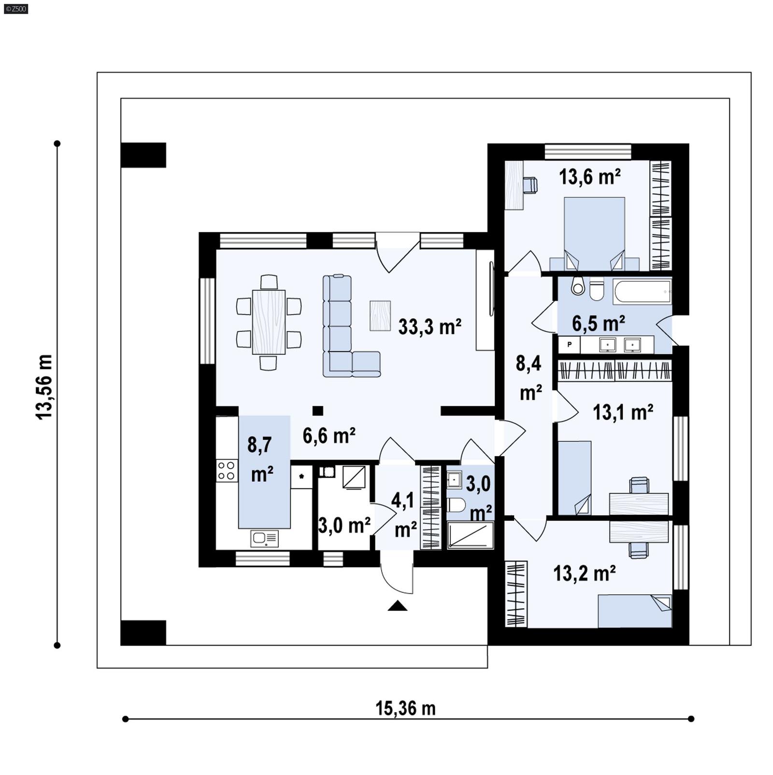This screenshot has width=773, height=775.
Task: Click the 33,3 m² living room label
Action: click(429, 327)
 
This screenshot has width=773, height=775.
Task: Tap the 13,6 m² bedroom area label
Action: click(589, 177)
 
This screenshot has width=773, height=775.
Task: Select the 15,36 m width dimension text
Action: click(405, 708)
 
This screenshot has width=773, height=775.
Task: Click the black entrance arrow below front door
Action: click(397, 606)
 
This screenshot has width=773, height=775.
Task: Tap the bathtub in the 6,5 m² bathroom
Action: click(642, 291)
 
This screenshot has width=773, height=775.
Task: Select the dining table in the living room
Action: click(269, 322)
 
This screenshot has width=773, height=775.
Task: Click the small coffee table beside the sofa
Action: click(380, 316)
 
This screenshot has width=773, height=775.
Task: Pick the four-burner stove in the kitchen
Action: click(227, 471)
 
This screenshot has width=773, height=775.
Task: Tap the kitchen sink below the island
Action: click(264, 538)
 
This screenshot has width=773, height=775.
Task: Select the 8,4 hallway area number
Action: click(528, 363)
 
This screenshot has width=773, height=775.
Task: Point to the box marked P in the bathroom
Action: click(570, 344)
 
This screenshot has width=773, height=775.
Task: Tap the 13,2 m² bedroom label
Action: click(584, 574)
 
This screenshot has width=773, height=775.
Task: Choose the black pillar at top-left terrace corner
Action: click(143, 155)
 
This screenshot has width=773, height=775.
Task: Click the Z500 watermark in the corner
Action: click(15, 8)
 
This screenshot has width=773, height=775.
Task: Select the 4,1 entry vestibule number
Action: click(402, 501)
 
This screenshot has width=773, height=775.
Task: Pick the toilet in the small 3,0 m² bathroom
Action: click(456, 505)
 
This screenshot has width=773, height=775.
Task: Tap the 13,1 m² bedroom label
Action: click(623, 412)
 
